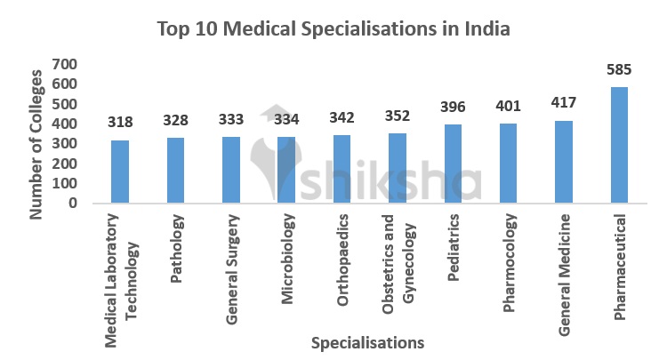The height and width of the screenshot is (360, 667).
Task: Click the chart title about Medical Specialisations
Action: click(333, 28)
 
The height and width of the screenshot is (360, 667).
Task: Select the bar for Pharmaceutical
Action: click(619, 145)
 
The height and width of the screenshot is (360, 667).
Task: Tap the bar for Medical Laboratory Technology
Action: click(119, 172)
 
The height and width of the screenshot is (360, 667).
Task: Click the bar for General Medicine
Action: click(564, 162)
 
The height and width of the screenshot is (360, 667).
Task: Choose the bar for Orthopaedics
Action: click(342, 169)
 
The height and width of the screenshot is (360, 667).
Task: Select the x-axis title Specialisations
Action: click(366, 342)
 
